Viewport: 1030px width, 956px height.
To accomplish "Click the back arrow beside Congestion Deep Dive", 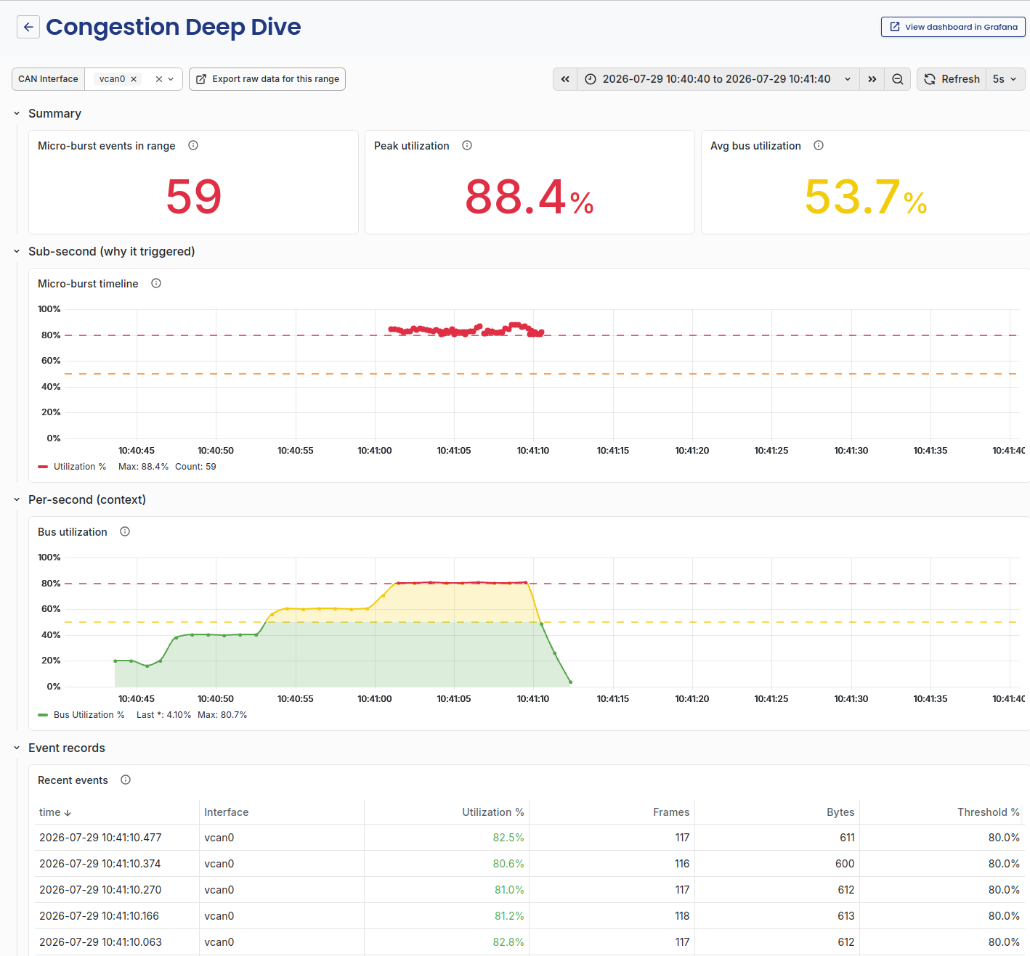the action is pos(28,27).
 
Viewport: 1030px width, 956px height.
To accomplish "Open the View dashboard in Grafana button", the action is pos(953,27).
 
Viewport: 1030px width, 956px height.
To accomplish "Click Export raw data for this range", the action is pos(267,79).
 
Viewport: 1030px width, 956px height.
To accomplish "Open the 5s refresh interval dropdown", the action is pos(1005,79).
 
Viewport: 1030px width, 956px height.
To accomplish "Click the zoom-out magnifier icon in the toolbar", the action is pos(897,79).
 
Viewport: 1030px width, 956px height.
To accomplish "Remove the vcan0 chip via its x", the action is pos(134,79).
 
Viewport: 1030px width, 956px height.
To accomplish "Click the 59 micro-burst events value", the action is pos(193,197).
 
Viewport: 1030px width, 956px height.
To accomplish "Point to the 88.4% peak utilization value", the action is pos(529,197).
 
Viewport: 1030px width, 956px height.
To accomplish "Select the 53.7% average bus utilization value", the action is pos(865,197).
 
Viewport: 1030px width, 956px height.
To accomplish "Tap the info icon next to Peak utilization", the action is pos(467,146).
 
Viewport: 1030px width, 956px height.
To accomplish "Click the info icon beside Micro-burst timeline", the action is pos(156,284).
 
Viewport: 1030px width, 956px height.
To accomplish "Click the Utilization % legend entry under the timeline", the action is pos(72,467).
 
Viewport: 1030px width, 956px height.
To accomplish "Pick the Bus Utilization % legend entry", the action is pos(81,715).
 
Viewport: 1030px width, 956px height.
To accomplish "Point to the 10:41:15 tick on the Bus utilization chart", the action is pos(612,699).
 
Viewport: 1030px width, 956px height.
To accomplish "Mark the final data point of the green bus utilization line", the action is pos(570,682).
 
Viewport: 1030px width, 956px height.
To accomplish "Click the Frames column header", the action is pos(670,812).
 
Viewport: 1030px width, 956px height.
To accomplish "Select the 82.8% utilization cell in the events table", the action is pos(508,942).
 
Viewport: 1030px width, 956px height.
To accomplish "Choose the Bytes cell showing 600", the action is pos(844,864).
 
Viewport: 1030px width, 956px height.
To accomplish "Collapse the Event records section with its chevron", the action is pos(17,748).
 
